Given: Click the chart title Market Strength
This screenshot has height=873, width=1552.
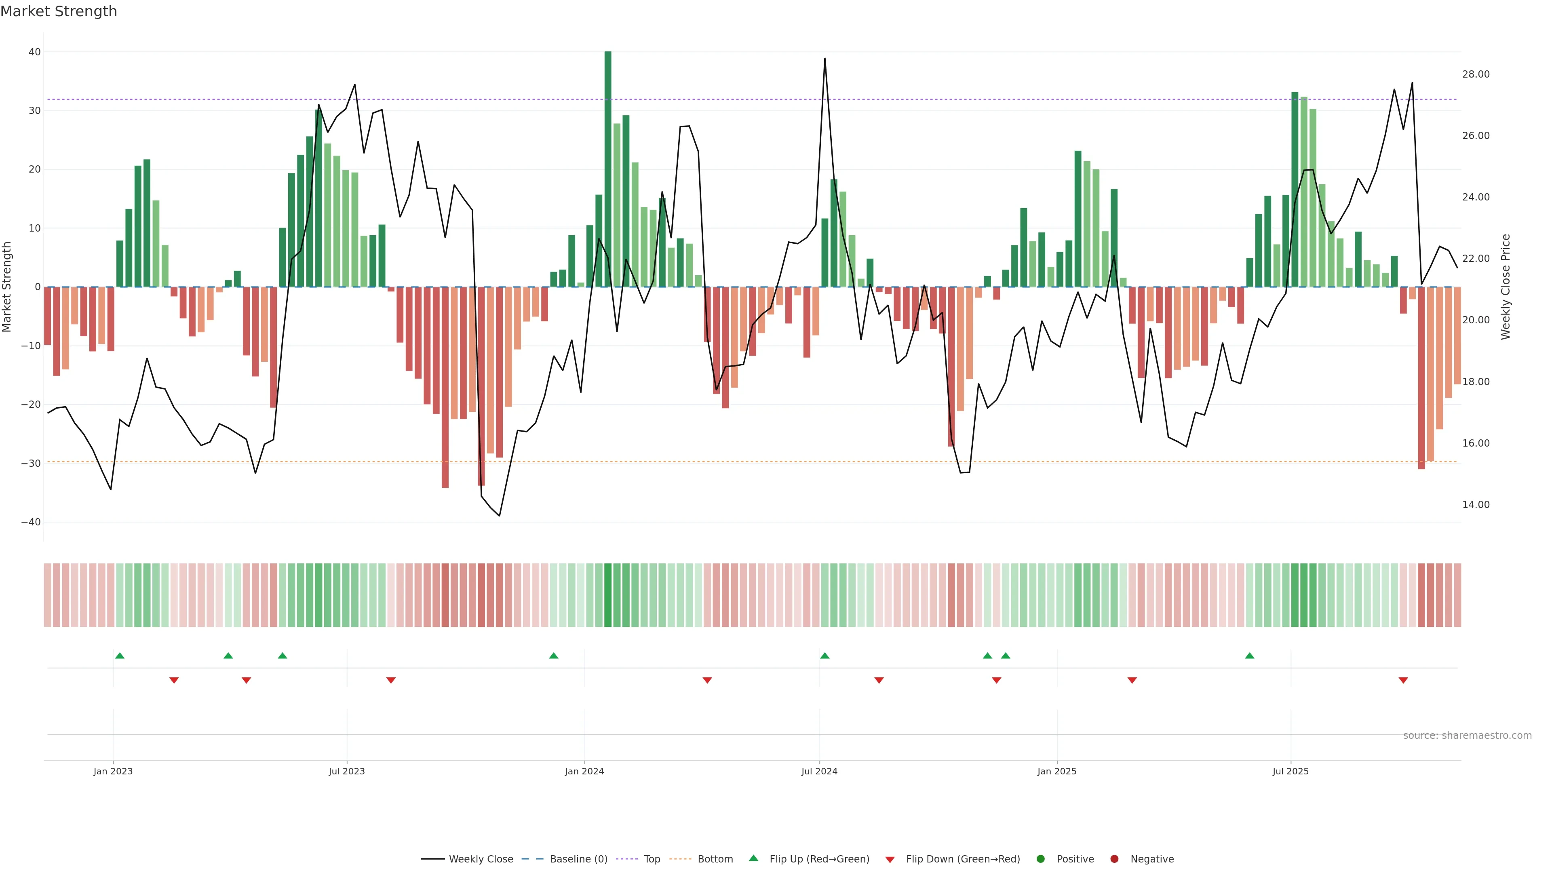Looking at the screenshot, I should pos(59,11).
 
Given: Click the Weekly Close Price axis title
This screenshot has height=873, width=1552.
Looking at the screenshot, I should pos(1506,287).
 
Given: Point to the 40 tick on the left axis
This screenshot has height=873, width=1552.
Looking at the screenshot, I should pos(34,53).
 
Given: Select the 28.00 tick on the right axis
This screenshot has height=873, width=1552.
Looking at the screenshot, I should pos(1476,74).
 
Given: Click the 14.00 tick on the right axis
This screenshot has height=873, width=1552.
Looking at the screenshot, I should pos(1476,505).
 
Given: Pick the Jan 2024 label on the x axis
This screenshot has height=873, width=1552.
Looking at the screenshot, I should pos(584,771).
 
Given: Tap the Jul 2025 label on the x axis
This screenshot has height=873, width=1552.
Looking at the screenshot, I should pos(1290,771).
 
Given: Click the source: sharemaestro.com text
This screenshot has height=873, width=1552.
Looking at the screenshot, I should pos(1467,736).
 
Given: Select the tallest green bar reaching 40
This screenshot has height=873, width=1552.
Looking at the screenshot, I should pos(608,169).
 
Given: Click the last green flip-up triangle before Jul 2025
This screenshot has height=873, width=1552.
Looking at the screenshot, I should pos(1250,656).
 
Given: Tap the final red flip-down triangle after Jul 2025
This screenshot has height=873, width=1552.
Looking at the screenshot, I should pos(1403,680).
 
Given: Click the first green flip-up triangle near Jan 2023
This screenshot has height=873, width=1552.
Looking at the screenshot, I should pos(120,656).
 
